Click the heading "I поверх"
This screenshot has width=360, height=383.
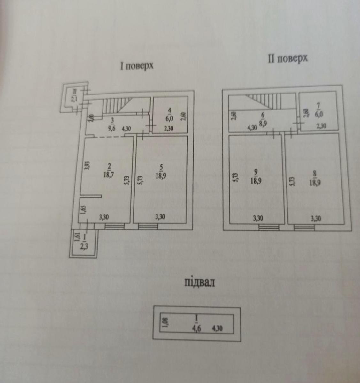point(137,66)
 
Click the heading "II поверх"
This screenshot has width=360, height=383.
point(287,59)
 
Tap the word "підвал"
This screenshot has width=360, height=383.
point(199,282)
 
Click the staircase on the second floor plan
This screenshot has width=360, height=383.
point(265,102)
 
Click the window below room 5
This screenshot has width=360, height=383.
point(148,226)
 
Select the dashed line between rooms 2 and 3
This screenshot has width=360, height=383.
point(109,137)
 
